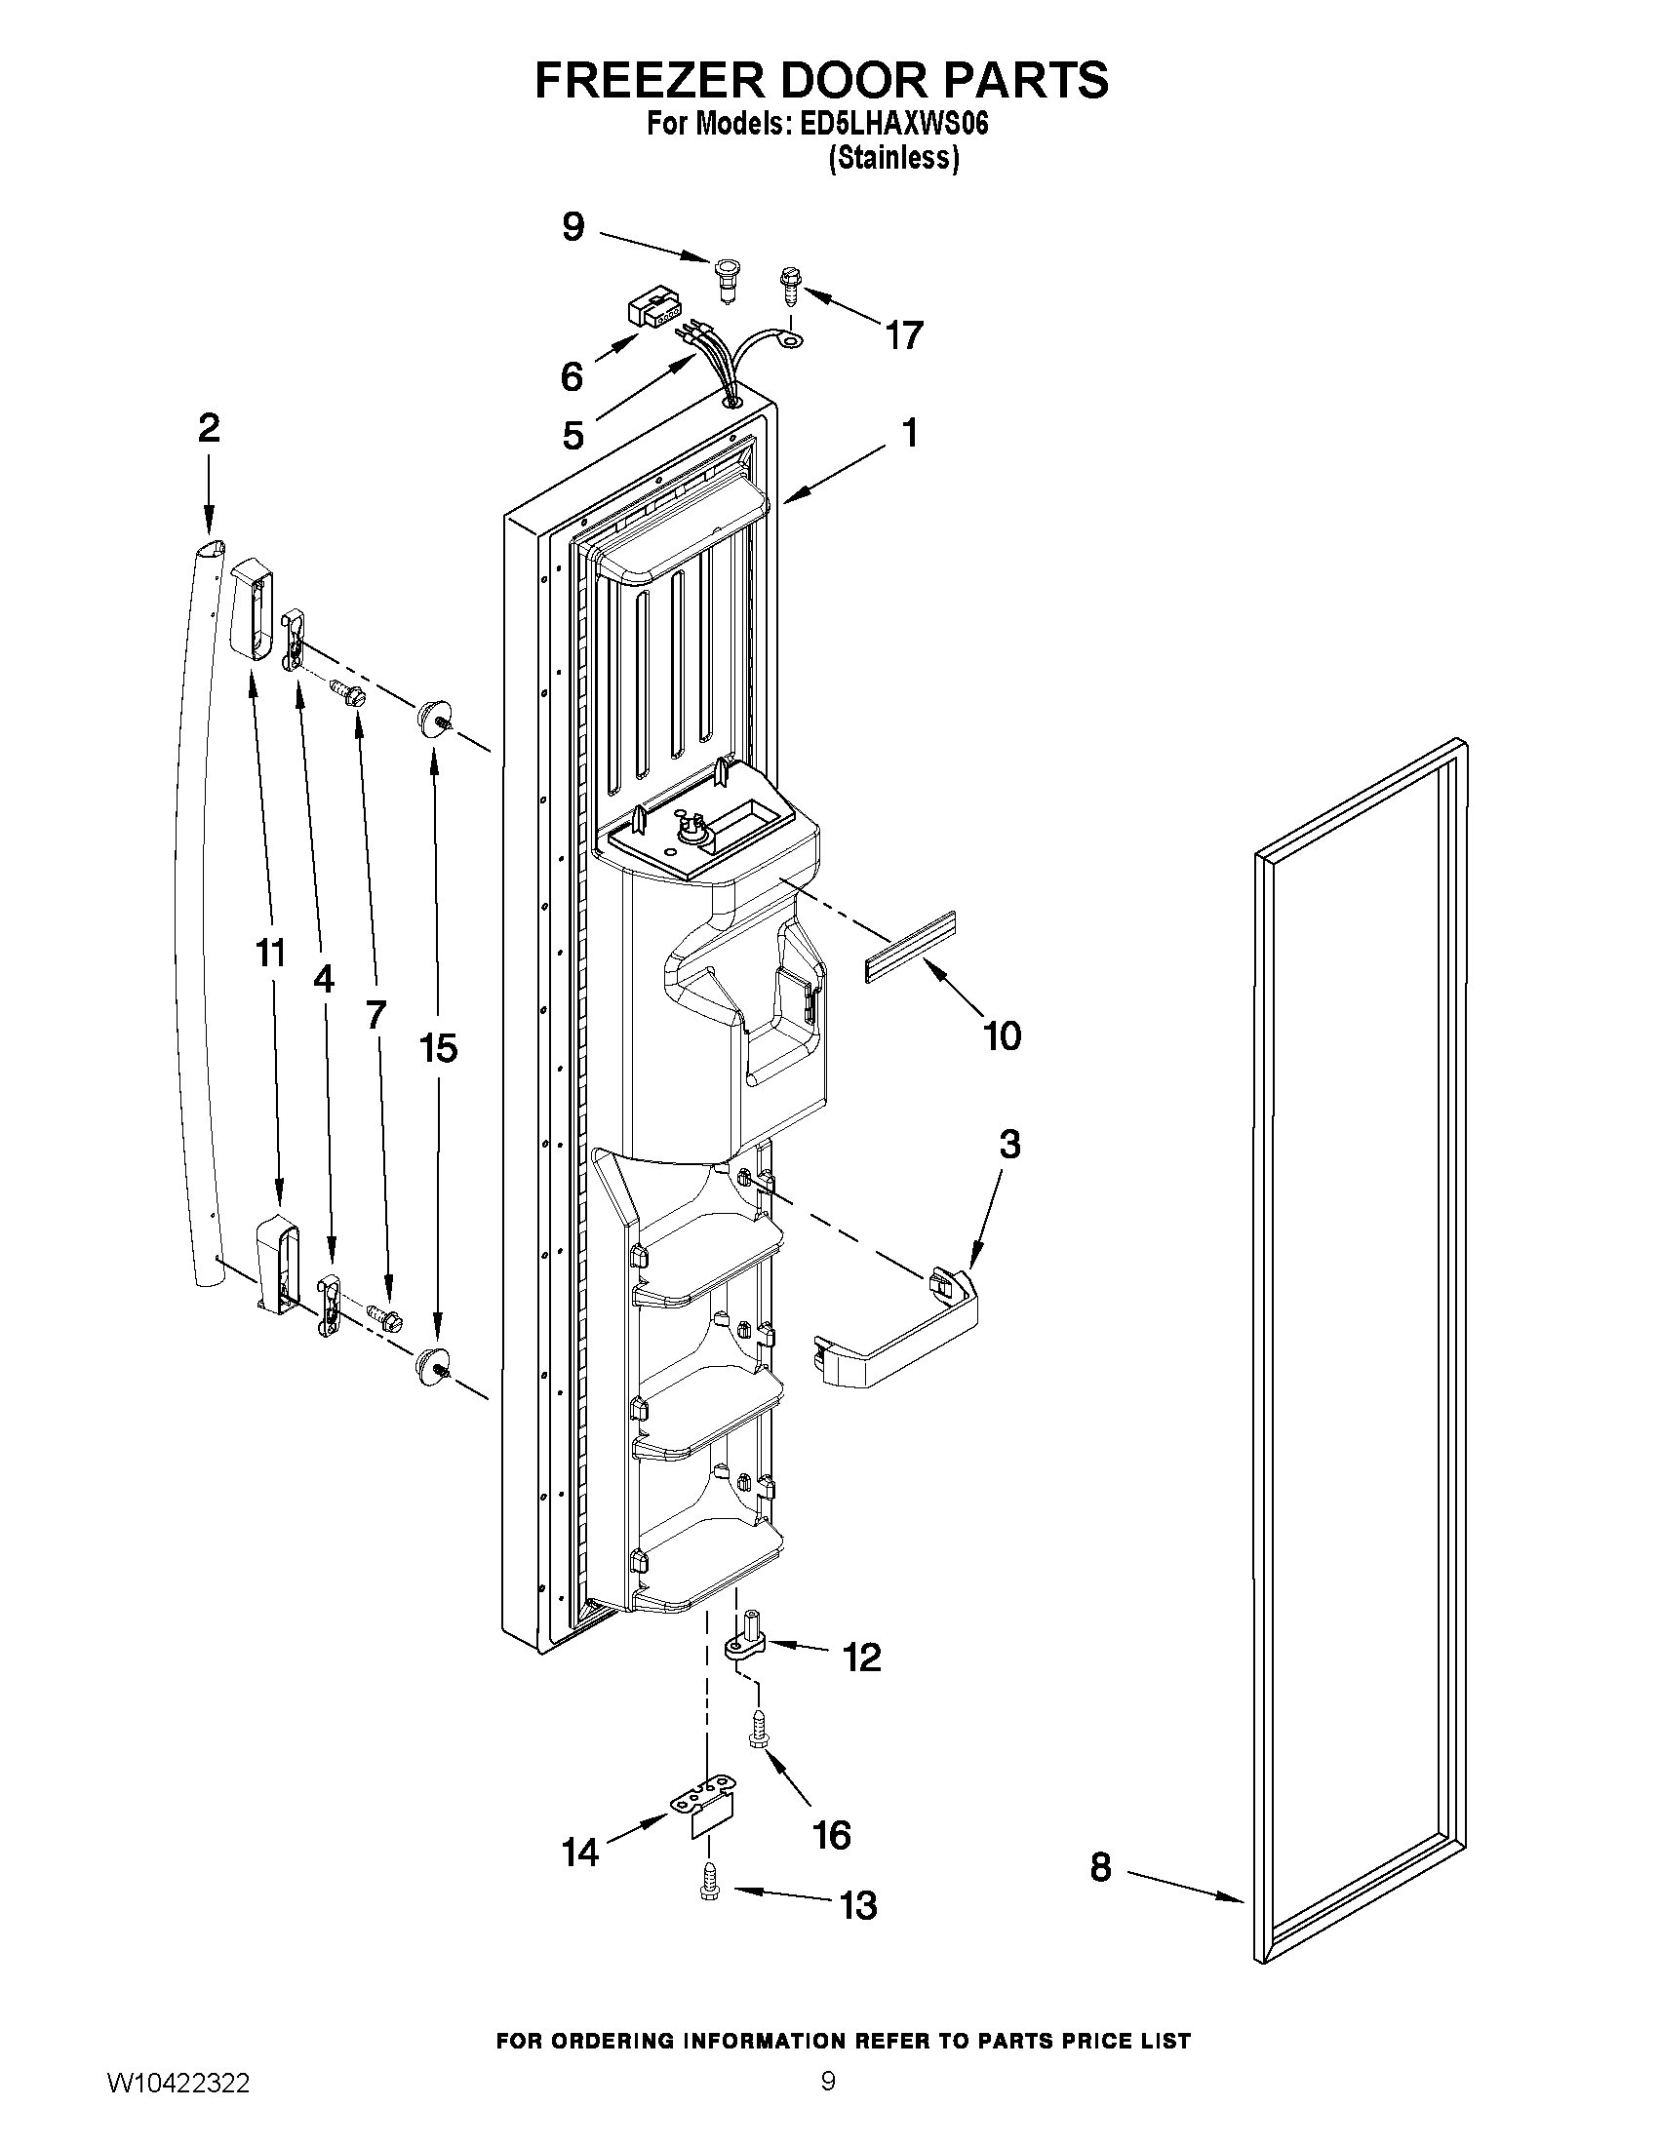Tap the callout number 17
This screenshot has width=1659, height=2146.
[x=904, y=336]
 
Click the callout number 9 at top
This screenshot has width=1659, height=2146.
[x=573, y=227]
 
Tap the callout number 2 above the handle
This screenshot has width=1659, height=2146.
[x=209, y=428]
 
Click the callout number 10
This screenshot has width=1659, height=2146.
[x=1003, y=1035]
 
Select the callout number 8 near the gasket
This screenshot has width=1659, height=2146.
[x=1101, y=1868]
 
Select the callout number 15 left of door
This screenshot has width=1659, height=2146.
[x=438, y=1048]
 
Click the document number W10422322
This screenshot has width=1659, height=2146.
[x=178, y=2107]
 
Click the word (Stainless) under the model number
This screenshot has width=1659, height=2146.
[x=893, y=157]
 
